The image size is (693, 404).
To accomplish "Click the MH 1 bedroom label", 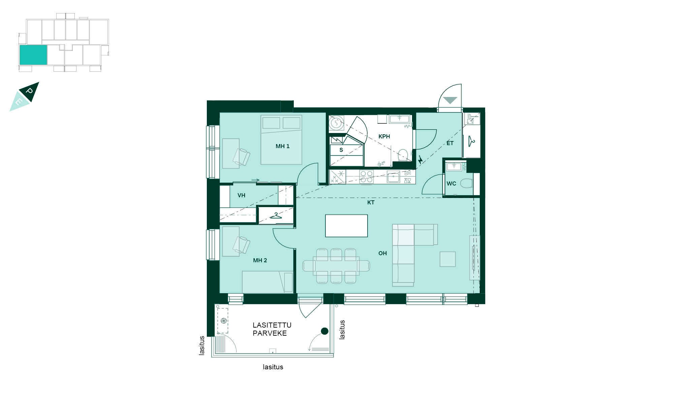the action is (282, 146).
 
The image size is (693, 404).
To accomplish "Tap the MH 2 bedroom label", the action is (260, 260).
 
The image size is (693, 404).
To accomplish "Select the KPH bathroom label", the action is (384, 136).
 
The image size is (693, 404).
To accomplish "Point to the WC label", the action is (451, 183).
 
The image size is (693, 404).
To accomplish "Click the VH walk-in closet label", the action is (241, 195).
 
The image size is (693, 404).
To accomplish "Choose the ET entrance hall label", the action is (450, 143).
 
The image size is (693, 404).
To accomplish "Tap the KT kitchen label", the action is (371, 202).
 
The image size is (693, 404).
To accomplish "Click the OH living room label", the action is (382, 253).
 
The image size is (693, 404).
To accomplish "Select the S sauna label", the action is (341, 150).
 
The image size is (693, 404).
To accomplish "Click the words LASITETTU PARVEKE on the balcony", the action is (272, 329).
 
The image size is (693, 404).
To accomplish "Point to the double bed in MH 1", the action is (281, 140).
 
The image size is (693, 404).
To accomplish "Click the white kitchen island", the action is (346, 226).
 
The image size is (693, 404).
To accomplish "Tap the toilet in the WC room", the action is (466, 184).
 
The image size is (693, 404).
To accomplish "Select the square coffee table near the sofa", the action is (447, 259).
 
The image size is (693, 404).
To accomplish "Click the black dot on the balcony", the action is (324, 331).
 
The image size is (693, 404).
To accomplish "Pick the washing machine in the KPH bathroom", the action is (336, 123).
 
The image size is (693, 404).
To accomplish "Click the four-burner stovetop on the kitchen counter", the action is (366, 177).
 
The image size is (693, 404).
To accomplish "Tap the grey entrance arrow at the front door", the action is (450, 100).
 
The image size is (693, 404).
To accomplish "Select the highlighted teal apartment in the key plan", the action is (33, 55).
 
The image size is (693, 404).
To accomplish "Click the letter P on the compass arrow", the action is (29, 91).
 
